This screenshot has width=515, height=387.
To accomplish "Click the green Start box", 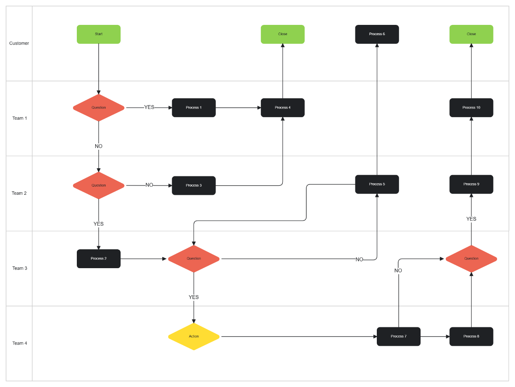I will (99, 34).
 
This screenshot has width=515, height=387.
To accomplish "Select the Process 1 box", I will (194, 108).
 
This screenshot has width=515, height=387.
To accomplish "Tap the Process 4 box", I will (282, 108).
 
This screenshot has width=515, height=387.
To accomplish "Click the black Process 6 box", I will (377, 34).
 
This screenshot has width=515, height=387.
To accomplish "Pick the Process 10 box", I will (471, 108).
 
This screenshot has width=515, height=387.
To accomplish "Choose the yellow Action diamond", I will (194, 336).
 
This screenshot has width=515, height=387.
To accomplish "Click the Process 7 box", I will (398, 336).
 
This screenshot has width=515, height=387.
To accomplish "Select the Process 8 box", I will (471, 336).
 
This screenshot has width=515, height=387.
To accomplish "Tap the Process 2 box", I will (99, 259).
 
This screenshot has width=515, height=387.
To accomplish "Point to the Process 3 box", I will (194, 185).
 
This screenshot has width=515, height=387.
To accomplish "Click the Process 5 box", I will (377, 184).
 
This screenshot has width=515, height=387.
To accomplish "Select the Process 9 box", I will (471, 184).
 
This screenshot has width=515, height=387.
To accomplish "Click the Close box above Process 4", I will (282, 34).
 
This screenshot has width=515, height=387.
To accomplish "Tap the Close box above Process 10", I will (471, 34).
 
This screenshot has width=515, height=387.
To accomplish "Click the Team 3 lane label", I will (19, 268).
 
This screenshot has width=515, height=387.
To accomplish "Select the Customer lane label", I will (19, 43).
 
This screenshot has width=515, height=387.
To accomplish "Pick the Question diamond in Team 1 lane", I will (99, 108).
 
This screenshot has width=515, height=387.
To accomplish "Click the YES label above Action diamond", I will (194, 297).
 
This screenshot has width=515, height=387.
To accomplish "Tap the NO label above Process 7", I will (398, 271).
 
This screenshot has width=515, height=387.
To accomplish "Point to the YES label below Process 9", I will (471, 219).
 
